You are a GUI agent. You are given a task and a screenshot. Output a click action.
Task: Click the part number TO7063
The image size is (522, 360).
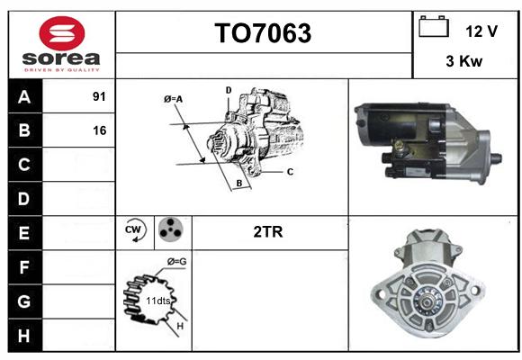263,33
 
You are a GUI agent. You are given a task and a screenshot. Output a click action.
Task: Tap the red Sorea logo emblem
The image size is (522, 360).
62,33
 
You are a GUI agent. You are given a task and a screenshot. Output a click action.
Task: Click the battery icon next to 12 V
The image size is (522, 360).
434,26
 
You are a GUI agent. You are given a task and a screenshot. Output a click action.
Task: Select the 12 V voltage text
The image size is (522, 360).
481,31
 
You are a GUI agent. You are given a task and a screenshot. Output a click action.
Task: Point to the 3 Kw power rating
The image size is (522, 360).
464,61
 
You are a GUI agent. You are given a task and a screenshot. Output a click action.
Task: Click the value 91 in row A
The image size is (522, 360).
99,96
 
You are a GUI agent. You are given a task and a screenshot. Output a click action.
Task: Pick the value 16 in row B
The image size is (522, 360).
100,130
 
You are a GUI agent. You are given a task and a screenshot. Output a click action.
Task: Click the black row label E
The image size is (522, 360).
24,233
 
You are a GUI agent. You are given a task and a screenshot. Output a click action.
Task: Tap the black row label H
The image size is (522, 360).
24,336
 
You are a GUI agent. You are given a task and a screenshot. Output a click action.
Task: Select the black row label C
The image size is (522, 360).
24,165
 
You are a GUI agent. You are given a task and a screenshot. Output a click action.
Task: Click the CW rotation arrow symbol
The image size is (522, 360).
135,230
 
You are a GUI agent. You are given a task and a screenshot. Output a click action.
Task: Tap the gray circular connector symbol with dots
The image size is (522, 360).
171,229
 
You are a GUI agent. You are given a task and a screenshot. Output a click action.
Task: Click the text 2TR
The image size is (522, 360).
268,232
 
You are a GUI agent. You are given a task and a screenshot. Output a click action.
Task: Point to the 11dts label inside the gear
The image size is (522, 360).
158,301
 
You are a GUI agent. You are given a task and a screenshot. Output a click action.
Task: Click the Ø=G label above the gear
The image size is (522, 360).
176,261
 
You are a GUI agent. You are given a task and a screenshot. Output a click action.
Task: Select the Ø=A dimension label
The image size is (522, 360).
173,99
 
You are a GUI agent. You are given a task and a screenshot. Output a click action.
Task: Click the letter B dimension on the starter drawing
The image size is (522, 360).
239,184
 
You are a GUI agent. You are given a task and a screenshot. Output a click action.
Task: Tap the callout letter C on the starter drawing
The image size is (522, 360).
290,172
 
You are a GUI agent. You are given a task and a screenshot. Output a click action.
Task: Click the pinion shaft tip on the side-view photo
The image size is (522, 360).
497,158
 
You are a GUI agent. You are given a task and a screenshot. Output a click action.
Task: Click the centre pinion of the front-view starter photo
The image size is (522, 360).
426,301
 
